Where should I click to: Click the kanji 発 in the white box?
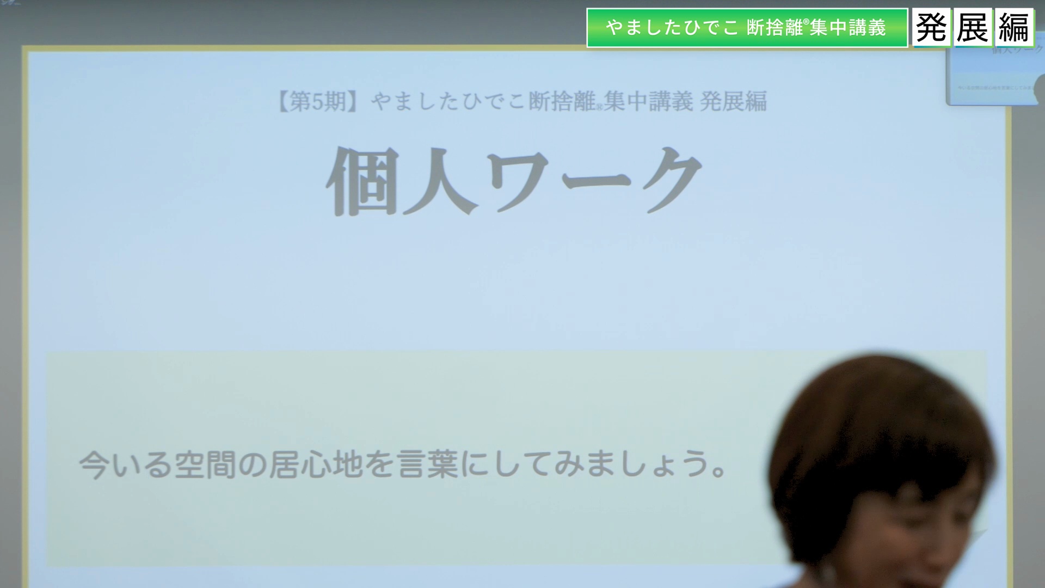click(931, 27)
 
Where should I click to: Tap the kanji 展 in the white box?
click(973, 27)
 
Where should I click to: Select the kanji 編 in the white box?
click(1015, 27)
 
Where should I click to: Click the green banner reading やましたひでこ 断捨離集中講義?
click(747, 28)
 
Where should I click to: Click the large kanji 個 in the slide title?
click(361, 181)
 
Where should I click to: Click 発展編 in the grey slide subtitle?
click(733, 101)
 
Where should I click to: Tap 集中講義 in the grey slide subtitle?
click(648, 101)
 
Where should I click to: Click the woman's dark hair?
click(882, 414)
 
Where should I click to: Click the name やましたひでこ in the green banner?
click(672, 28)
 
